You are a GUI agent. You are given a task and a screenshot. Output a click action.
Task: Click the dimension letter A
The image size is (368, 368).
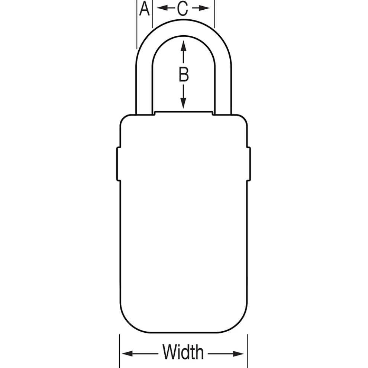click(144, 9)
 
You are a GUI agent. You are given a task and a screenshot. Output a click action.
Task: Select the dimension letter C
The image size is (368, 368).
click(183, 9)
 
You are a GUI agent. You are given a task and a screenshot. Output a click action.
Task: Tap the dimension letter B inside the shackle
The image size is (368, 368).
click(184, 74)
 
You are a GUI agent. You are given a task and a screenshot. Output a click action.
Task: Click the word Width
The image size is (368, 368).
click(183, 352)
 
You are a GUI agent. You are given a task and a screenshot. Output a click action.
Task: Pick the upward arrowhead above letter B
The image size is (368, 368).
click(184, 46)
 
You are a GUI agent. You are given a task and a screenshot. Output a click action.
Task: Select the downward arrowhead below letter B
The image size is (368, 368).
click(183, 103)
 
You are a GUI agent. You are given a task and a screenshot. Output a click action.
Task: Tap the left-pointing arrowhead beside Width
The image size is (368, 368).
click(127, 354)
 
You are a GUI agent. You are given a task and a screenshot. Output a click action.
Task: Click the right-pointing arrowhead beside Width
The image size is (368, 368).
click(238, 354)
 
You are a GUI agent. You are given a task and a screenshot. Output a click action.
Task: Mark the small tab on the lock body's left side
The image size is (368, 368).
click(119, 164)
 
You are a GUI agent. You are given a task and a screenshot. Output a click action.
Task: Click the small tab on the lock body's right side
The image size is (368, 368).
click(249, 164)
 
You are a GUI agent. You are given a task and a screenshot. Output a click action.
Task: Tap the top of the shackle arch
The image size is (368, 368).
click(184, 28)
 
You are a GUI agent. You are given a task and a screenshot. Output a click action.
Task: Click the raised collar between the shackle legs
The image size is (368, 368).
click(184, 113)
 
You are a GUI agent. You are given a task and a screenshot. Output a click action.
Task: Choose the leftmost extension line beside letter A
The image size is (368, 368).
click(137, 25)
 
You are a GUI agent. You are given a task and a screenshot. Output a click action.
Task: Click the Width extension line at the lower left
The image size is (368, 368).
click(119, 351)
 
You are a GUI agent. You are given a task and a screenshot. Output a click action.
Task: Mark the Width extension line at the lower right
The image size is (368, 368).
click(248, 351)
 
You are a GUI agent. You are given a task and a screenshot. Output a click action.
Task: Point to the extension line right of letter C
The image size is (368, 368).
click(214, 14)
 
